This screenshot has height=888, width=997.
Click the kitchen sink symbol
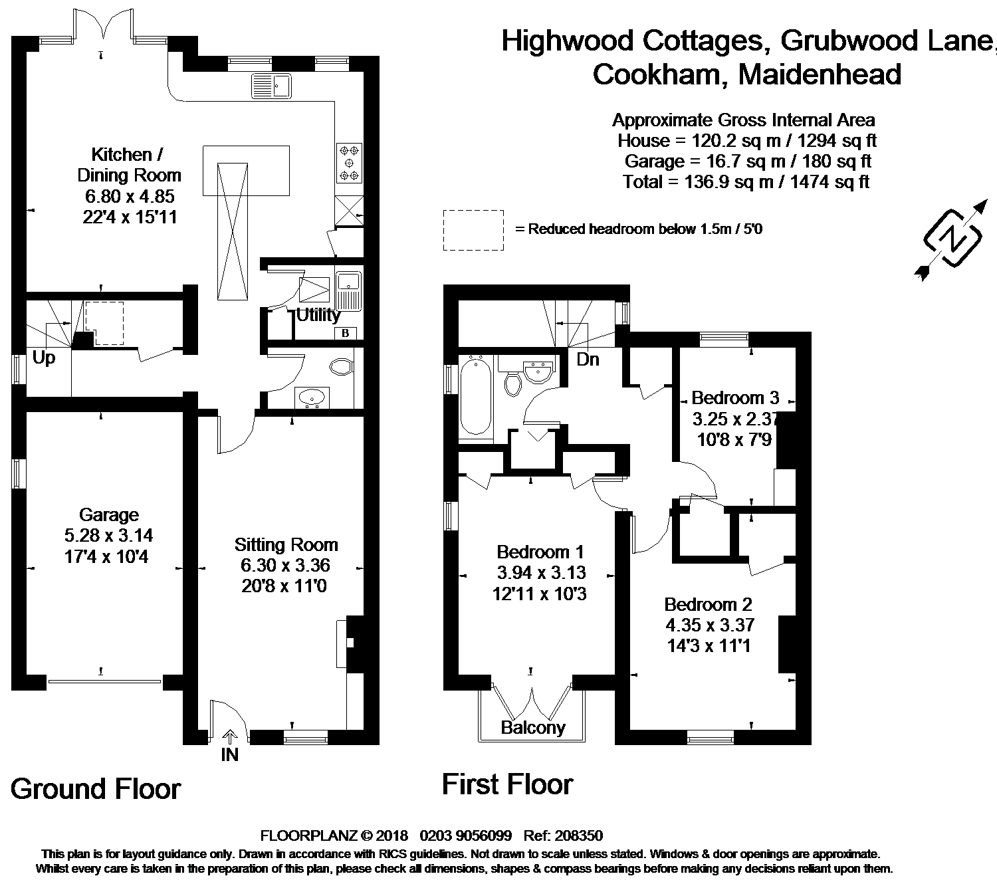271,85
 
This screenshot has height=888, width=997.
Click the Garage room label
109,514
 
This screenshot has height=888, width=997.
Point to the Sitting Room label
286,545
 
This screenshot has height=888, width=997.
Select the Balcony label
533,728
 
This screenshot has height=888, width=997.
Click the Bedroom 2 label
709,604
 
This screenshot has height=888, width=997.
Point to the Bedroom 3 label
735,397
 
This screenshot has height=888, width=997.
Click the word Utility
318,315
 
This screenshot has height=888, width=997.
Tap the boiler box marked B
346,334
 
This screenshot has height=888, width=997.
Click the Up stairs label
44,358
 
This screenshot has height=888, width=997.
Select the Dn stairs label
588,360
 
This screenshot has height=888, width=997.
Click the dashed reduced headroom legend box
473,230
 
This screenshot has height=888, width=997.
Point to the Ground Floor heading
96,789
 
